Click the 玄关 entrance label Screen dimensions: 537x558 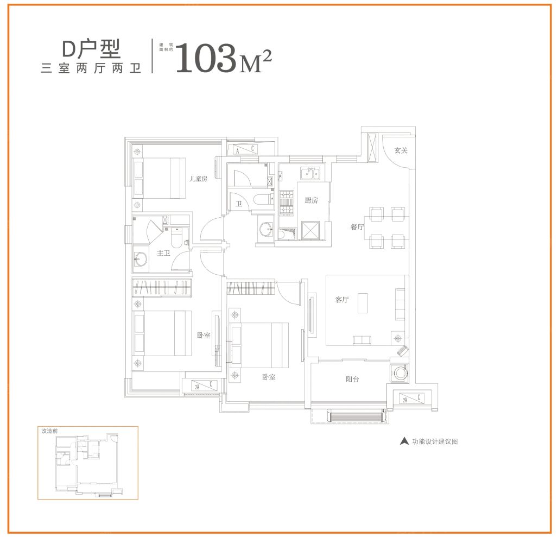[x=401, y=150]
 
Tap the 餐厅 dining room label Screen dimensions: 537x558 [x=357, y=228]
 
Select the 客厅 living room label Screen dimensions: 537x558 [x=341, y=300]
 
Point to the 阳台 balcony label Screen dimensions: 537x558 [x=352, y=380]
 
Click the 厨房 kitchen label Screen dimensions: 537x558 [x=311, y=200]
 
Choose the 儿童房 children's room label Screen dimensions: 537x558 [x=198, y=179]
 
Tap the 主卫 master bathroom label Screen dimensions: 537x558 [x=164, y=253]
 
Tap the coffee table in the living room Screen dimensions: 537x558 [x=362, y=304]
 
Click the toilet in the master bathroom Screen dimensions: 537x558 [x=178, y=237]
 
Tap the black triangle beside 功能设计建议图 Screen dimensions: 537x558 [x=404, y=441]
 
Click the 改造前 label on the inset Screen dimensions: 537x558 [x=49, y=430]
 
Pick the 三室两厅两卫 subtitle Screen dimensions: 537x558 [x=91, y=69]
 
